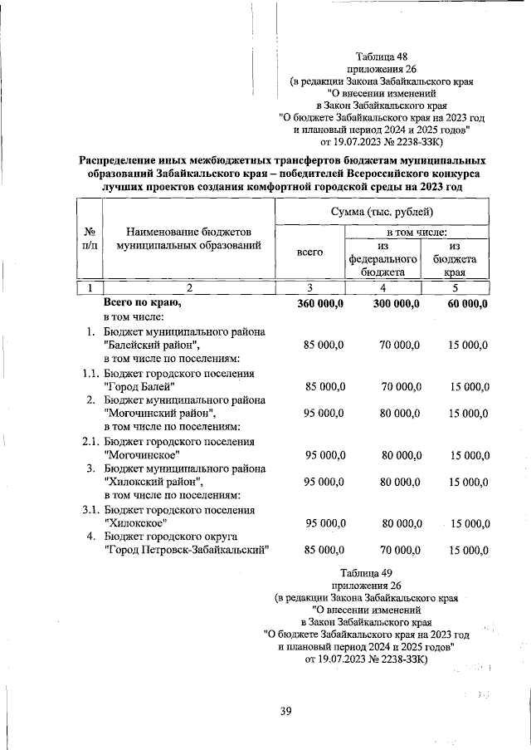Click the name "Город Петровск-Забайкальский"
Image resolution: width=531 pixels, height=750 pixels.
(188, 550)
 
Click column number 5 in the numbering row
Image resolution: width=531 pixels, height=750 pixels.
(454, 287)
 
